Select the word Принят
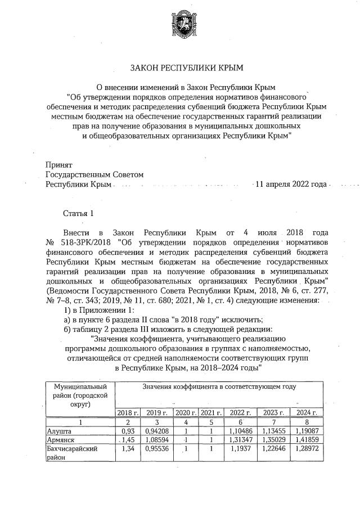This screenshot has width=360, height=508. click(58, 165)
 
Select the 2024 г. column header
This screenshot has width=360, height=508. click(306, 412)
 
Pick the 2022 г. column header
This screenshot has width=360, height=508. click(241, 412)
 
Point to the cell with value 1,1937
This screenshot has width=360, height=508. click(241, 449)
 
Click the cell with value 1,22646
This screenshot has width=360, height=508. click(273, 449)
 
